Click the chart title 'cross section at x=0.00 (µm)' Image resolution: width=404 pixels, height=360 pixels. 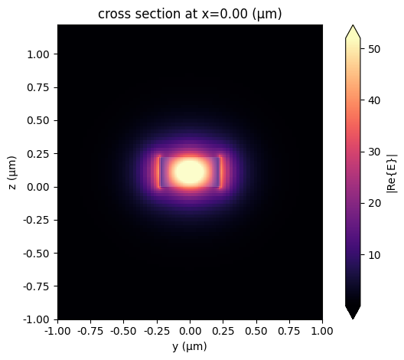tap(190, 11)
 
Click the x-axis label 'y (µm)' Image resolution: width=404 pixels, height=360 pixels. tap(190, 346)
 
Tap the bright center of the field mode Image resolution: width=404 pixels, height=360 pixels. tap(190, 171)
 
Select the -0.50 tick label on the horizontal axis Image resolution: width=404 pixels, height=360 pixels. tap(124, 331)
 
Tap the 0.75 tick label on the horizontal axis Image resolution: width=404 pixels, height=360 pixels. tap(289, 331)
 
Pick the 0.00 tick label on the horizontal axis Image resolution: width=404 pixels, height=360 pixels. tap(190, 331)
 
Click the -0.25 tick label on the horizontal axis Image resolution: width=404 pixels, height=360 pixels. tap(157, 331)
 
